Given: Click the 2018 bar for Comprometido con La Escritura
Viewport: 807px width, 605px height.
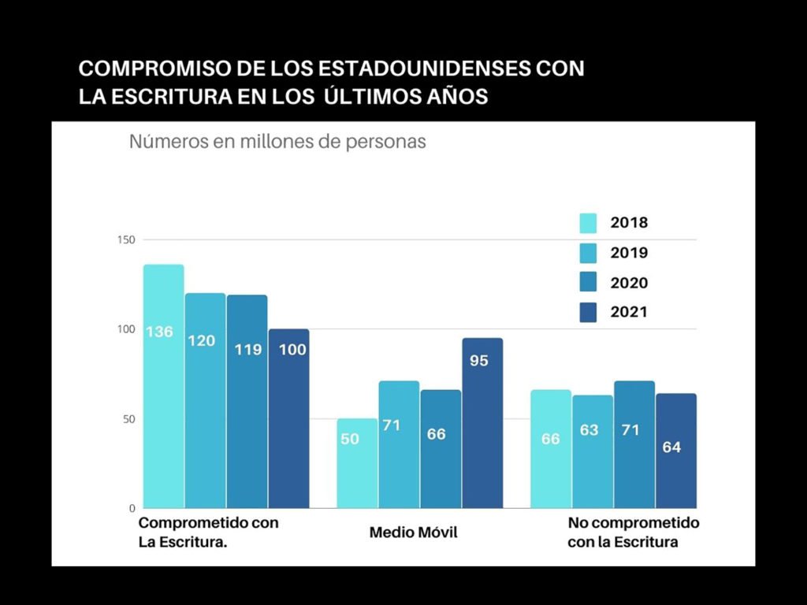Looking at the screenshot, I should (163, 386).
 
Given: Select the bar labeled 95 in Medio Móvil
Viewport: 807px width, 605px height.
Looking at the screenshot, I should (482, 423).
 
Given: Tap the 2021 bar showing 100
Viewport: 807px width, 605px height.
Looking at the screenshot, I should (288, 418).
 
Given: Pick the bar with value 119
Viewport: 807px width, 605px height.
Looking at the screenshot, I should (247, 402).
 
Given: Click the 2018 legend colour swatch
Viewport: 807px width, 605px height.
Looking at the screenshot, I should (588, 223).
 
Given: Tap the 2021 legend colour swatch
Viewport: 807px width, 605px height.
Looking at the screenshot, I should (588, 313).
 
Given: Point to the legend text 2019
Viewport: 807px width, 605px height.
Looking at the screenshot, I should (629, 253).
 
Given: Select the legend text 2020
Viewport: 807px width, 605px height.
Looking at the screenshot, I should (629, 283).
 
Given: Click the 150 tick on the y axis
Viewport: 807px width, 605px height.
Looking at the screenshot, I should (126, 239).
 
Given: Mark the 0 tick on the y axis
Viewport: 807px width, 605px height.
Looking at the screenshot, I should (132, 508).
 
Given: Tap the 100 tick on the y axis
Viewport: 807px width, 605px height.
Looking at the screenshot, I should (126, 329).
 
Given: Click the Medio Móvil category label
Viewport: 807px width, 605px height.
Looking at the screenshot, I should (413, 533).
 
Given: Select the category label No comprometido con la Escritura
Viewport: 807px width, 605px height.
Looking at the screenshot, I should (634, 533).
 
